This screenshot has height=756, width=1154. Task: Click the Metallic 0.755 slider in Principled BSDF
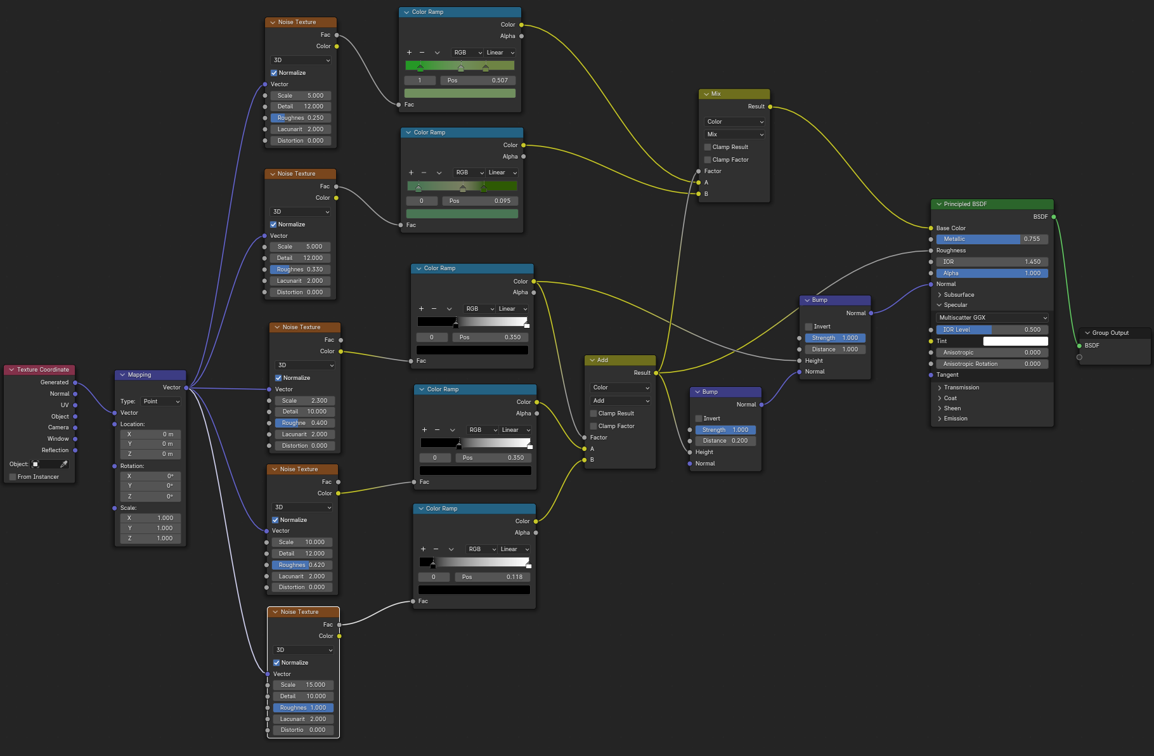(992, 239)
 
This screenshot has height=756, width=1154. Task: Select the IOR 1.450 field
(992, 262)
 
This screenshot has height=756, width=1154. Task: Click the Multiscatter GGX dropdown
(992, 318)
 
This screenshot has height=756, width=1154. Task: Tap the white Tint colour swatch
(1015, 341)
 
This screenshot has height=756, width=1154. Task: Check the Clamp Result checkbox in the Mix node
(708, 147)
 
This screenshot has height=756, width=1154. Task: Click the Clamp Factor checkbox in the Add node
(593, 426)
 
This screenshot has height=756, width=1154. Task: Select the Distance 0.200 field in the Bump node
(725, 441)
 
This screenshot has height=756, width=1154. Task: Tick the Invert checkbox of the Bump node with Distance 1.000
(809, 327)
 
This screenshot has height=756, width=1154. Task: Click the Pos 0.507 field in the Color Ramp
(477, 81)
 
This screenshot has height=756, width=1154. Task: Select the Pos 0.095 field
(480, 201)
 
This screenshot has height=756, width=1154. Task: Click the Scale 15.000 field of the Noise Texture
(303, 685)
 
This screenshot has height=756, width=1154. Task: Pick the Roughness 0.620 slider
(301, 565)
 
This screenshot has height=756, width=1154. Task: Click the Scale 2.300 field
(304, 401)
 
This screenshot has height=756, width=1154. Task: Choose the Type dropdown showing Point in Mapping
(161, 401)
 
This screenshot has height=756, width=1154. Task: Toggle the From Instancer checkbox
(13, 477)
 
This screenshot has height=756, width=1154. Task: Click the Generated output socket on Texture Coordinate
(75, 382)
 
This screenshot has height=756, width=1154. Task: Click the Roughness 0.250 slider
(300, 118)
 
